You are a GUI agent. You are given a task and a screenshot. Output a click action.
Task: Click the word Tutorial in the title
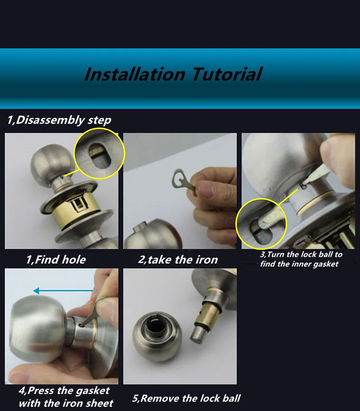pos(227,74)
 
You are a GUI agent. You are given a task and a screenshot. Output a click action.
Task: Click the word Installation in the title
pos(135,74)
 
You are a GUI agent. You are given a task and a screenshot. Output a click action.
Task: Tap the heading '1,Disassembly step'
pos(59,120)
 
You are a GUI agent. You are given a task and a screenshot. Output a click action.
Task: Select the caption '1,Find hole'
pos(56,260)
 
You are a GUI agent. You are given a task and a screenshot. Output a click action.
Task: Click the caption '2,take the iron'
pos(178,260)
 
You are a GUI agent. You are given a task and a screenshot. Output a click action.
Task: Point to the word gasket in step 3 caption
pos(326,264)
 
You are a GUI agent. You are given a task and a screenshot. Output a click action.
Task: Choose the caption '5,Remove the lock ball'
pos(186,398)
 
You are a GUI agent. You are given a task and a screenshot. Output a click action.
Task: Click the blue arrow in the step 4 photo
pos(63,291)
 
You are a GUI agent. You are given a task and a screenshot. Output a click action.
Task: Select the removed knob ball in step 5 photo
pos(157,337)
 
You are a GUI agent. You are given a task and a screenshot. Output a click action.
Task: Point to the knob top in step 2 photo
pos(153,234)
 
